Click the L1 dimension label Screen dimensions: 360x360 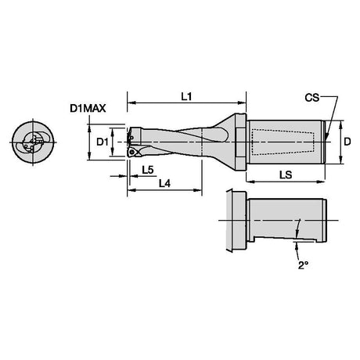pyautogui.click(x=186, y=97)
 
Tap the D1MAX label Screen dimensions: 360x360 pyautogui.click(x=88, y=109)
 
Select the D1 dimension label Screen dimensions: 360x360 pyautogui.click(x=103, y=142)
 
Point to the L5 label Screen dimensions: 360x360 pyautogui.click(x=148, y=170)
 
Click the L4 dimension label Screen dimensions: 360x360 pyautogui.click(x=164, y=184)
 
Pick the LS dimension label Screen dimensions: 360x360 pyautogui.click(x=286, y=175)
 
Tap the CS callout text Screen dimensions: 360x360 pyautogui.click(x=312, y=98)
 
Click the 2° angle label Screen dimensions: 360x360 pyautogui.click(x=303, y=265)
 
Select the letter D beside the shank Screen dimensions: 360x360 pyautogui.click(x=347, y=142)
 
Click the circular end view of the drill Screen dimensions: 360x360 pyautogui.click(x=33, y=142)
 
